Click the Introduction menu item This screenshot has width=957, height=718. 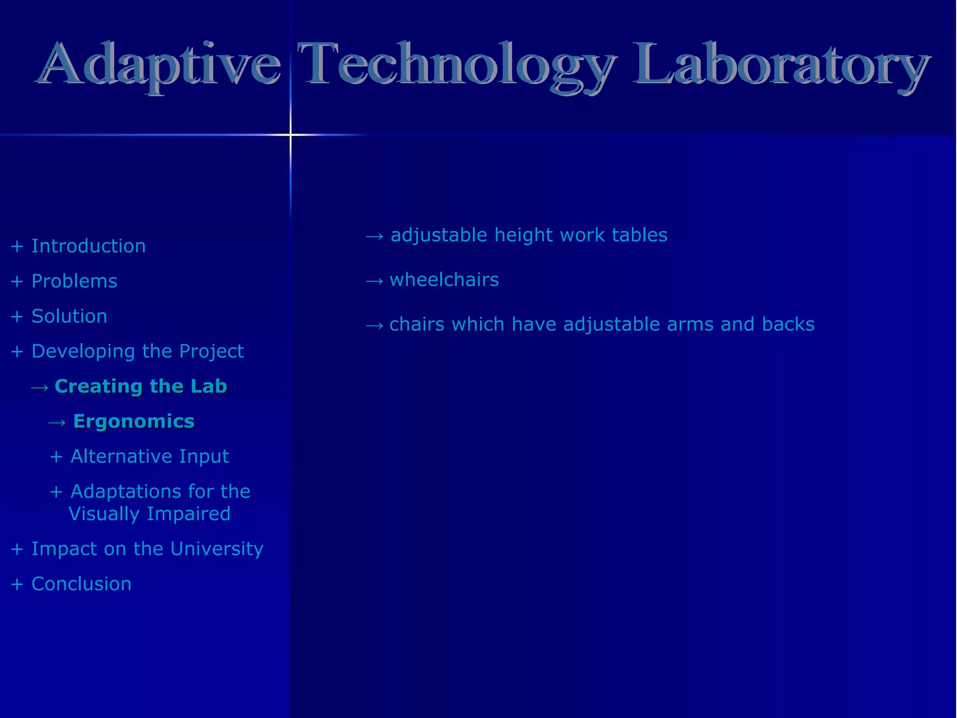click(x=88, y=246)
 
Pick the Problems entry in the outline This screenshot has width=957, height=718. click(x=74, y=281)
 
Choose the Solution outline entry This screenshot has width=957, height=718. click(x=69, y=316)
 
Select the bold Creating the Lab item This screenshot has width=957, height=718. click(x=141, y=387)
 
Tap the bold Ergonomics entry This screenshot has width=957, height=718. click(x=134, y=422)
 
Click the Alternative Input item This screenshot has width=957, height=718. click(x=150, y=457)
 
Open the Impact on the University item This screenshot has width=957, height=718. click(x=147, y=549)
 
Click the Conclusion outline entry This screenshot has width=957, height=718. click(x=81, y=584)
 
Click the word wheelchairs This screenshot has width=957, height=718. click(x=444, y=280)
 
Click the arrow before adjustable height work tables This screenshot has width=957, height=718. click(x=374, y=237)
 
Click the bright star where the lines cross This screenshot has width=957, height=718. click(x=291, y=135)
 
